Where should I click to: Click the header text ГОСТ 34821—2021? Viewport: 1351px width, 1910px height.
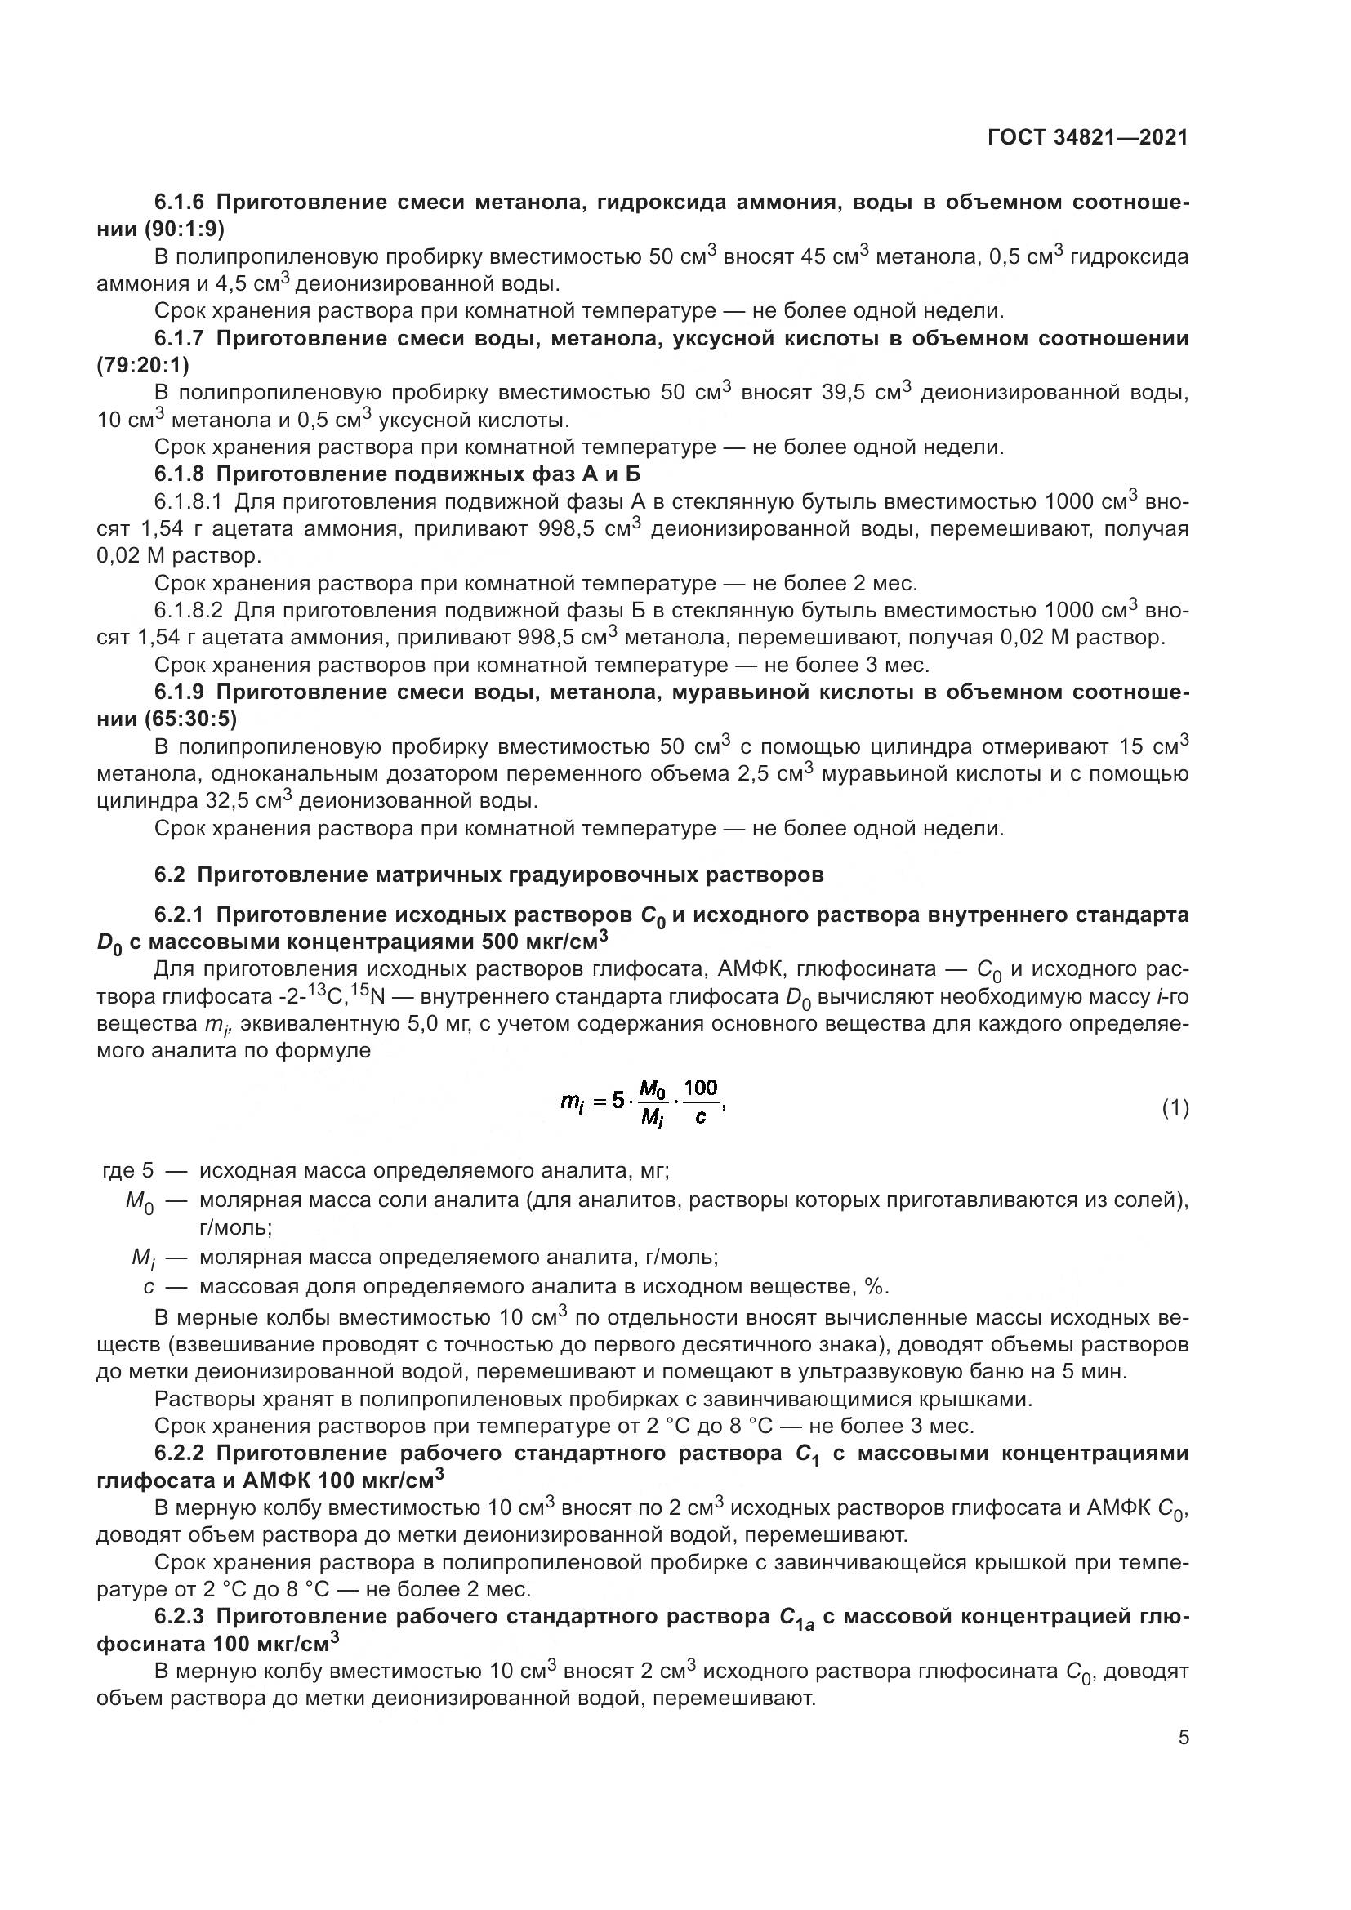[1087, 137]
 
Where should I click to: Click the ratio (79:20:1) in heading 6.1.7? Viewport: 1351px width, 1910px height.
[143, 365]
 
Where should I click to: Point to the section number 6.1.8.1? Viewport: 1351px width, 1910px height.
[188, 501]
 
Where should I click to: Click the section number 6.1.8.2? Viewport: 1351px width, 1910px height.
[188, 611]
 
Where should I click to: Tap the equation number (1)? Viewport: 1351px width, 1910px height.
[1175, 1108]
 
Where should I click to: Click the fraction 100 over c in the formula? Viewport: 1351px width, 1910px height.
[701, 1103]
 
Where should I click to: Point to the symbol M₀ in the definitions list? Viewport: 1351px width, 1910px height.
[139, 1202]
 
